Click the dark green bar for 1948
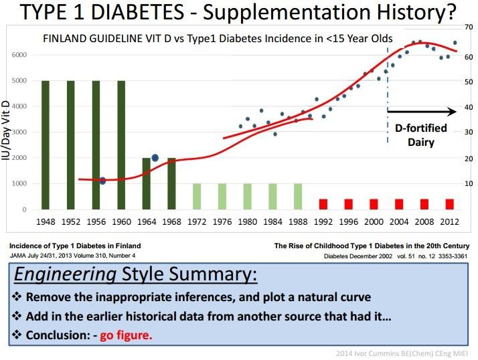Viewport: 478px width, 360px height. [x=46, y=145]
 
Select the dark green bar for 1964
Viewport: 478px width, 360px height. [x=147, y=184]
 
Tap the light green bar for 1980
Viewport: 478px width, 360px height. [x=247, y=197]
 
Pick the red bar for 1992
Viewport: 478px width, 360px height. [x=323, y=204]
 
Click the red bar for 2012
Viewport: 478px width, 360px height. [x=449, y=204]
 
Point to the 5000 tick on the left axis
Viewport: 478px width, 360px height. [x=19, y=80]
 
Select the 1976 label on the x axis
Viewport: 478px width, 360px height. [x=222, y=222]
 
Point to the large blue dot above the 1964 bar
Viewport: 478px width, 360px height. [x=155, y=158]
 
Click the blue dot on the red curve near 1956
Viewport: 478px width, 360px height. [x=102, y=181]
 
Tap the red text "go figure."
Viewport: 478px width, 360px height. [x=126, y=335]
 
